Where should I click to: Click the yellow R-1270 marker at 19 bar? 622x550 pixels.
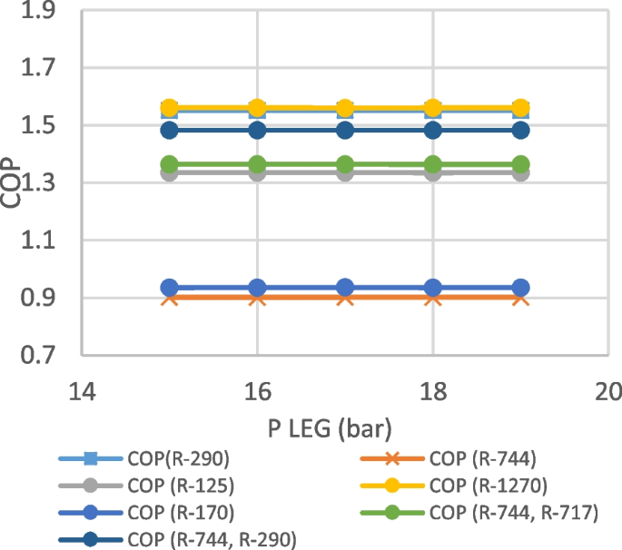click(520, 108)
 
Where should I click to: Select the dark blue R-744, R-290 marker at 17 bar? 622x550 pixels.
click(345, 131)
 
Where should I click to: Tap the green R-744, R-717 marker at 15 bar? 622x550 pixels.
click(169, 165)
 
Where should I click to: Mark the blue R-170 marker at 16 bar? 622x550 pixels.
click(257, 288)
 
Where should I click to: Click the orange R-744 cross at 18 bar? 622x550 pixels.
click(433, 298)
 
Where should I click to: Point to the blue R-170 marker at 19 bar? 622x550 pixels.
click(520, 288)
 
